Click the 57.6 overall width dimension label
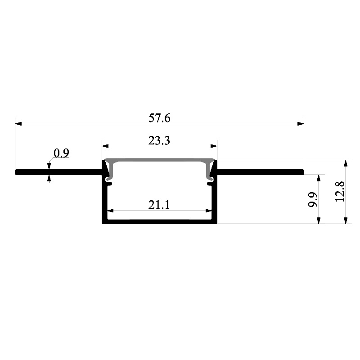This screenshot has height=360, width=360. (x=159, y=118)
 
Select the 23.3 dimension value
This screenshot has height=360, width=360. (x=159, y=140)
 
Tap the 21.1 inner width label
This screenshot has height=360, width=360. (x=159, y=205)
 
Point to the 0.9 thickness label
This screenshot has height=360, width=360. (x=61, y=153)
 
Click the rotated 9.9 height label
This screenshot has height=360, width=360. (x=313, y=199)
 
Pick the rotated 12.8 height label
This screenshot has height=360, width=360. (x=340, y=192)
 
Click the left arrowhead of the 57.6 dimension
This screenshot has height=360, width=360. (x=18, y=124)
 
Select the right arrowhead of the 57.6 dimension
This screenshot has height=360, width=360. (x=301, y=124)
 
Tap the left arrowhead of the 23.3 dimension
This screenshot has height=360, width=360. (x=105, y=146)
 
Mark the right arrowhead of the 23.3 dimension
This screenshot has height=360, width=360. (x=214, y=146)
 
